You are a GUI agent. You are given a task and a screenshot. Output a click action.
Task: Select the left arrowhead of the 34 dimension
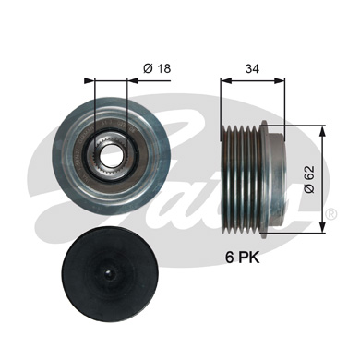click(x=224, y=81)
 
